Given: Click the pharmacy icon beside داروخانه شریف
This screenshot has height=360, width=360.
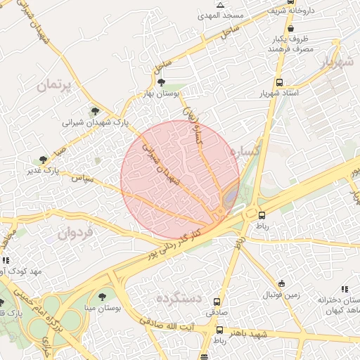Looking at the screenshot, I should coord(271,11).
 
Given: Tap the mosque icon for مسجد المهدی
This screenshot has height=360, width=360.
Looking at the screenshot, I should coord(220,5).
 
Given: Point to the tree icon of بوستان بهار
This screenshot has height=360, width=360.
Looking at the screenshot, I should coord(162,82).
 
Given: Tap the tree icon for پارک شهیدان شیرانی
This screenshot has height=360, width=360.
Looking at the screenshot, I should coord(95,110).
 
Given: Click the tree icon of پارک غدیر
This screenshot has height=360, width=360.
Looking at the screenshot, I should coord(44,160).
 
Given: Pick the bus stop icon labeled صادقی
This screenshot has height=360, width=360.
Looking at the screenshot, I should coord(217,301).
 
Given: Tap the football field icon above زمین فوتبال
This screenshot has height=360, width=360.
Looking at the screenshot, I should coord(282,283).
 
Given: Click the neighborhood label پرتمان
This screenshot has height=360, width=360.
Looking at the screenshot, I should coord(53,86).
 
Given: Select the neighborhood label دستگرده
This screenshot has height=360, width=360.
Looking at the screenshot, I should coord(170,298).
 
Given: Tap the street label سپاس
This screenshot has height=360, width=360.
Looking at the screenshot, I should coord(82,179).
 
